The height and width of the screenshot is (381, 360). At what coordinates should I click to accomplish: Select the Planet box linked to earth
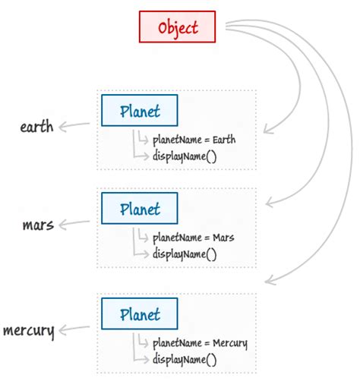pyautogui.click(x=140, y=111)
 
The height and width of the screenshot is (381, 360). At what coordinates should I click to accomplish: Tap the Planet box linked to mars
pyautogui.click(x=140, y=208)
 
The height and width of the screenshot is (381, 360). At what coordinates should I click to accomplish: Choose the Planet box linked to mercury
pyautogui.click(x=140, y=313)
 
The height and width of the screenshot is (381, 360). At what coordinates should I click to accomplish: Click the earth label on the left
pyautogui.click(x=36, y=126)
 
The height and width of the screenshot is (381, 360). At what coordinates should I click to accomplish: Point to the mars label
pyautogui.click(x=38, y=225)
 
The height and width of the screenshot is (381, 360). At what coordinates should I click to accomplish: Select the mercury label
pyautogui.click(x=28, y=330)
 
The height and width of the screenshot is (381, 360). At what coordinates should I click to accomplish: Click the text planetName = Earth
pyautogui.click(x=193, y=140)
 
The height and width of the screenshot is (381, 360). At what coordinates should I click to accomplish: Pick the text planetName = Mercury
pyautogui.click(x=199, y=343)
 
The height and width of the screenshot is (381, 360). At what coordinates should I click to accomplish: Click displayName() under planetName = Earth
pyautogui.click(x=185, y=156)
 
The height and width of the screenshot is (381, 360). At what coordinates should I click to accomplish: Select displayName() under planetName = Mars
pyautogui.click(x=185, y=254)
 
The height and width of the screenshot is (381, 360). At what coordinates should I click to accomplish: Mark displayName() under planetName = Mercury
pyautogui.click(x=185, y=359)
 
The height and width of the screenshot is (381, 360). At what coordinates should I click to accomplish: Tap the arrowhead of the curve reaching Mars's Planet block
pyautogui.click(x=267, y=203)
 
